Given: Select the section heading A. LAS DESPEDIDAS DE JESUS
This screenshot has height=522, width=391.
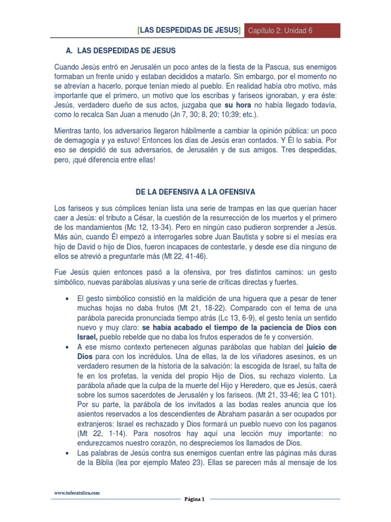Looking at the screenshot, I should [121, 51].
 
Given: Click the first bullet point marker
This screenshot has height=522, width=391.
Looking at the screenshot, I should [67, 299].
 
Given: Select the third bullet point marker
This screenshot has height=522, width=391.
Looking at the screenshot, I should [67, 453].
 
